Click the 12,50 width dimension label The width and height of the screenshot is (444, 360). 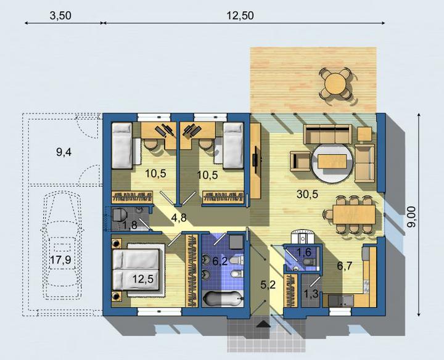pyautogui.click(x=240, y=16)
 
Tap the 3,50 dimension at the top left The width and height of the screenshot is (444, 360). pyautogui.click(x=60, y=16)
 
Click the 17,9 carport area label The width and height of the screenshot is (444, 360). pyautogui.click(x=60, y=260)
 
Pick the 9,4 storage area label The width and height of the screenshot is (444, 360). pyautogui.click(x=64, y=152)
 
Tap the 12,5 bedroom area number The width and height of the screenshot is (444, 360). pyautogui.click(x=143, y=279)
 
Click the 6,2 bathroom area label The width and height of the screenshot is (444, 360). pyautogui.click(x=220, y=261)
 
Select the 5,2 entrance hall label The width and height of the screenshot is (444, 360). pyautogui.click(x=268, y=285)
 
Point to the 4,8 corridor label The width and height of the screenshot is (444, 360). pyautogui.click(x=179, y=218)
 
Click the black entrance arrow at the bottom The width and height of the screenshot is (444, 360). pyautogui.click(x=264, y=324)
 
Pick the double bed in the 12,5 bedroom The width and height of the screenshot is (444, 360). pyautogui.click(x=136, y=270)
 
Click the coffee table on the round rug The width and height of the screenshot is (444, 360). pyautogui.click(x=332, y=161)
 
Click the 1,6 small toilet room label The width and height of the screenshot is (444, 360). pyautogui.click(x=304, y=252)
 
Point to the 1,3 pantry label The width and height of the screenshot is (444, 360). pyautogui.click(x=311, y=294)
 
